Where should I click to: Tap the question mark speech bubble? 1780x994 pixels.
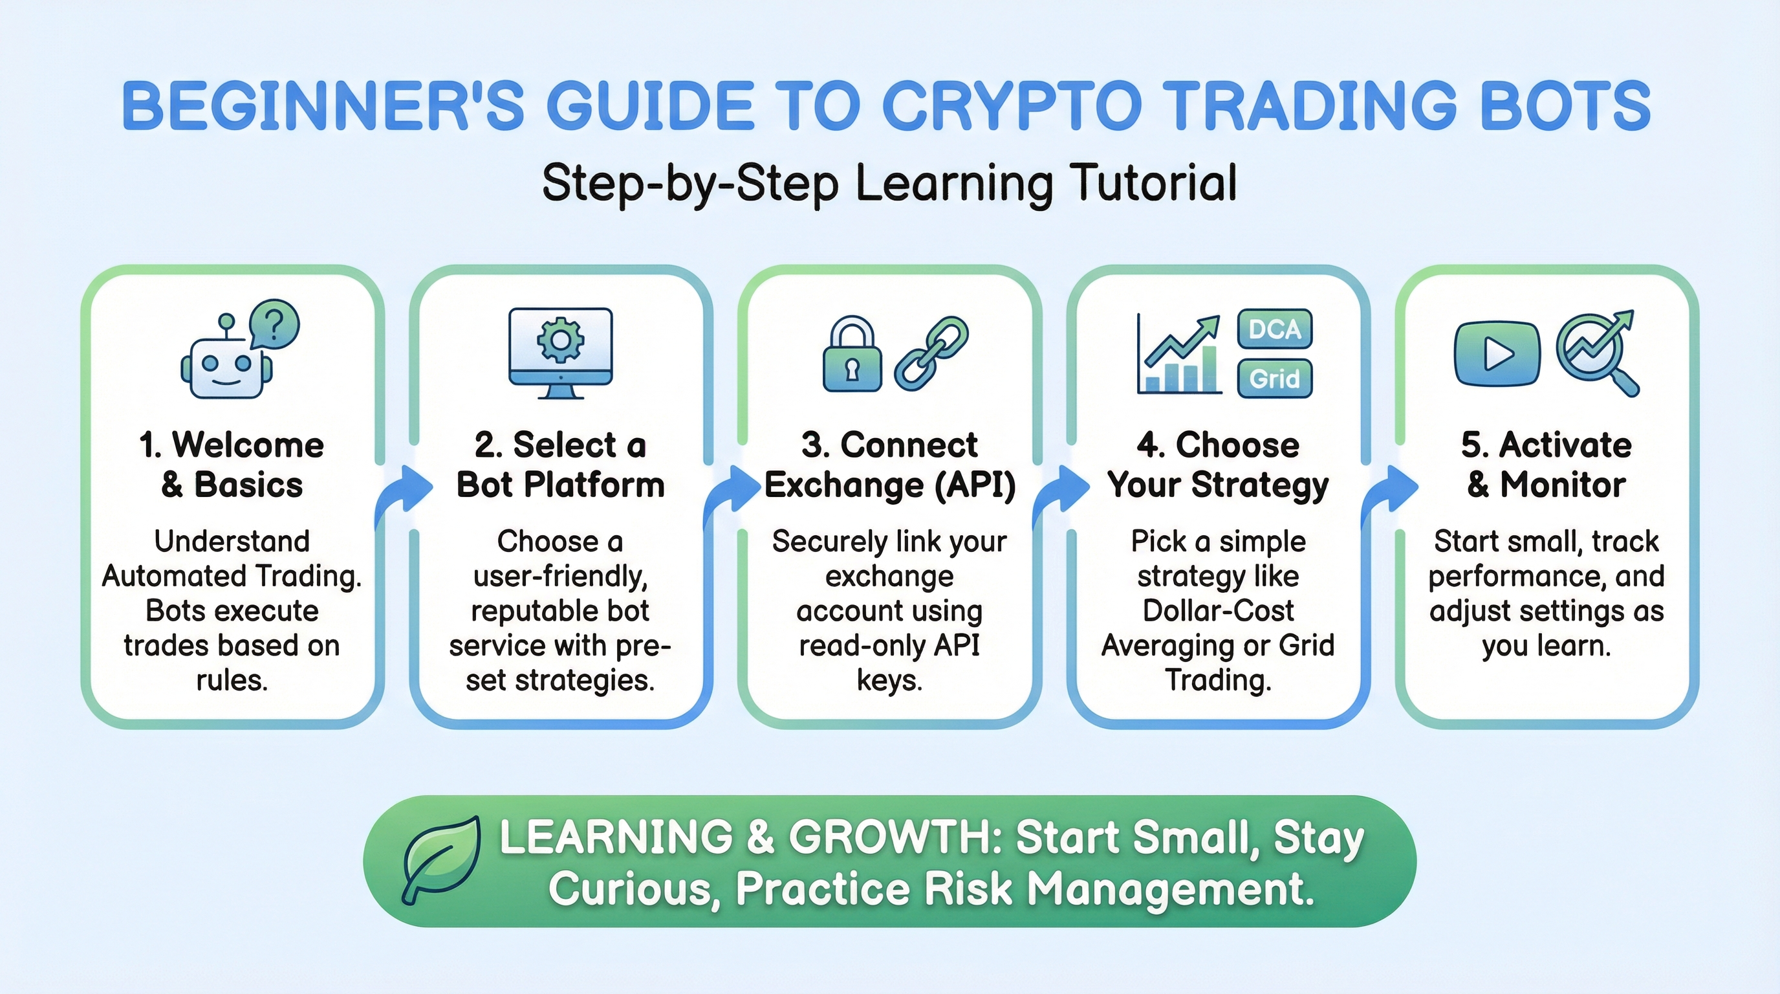(274, 324)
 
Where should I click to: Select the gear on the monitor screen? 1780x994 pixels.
(560, 338)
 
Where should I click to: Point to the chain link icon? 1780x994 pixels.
(931, 354)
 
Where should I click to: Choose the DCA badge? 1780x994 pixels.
(1275, 329)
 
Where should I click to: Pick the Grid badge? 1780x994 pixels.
(1275, 379)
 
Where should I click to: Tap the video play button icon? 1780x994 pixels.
(1497, 354)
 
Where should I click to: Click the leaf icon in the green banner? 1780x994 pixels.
(442, 860)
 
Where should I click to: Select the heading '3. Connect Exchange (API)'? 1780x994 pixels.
(890, 465)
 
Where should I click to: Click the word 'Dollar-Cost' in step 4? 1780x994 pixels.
(1218, 610)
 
